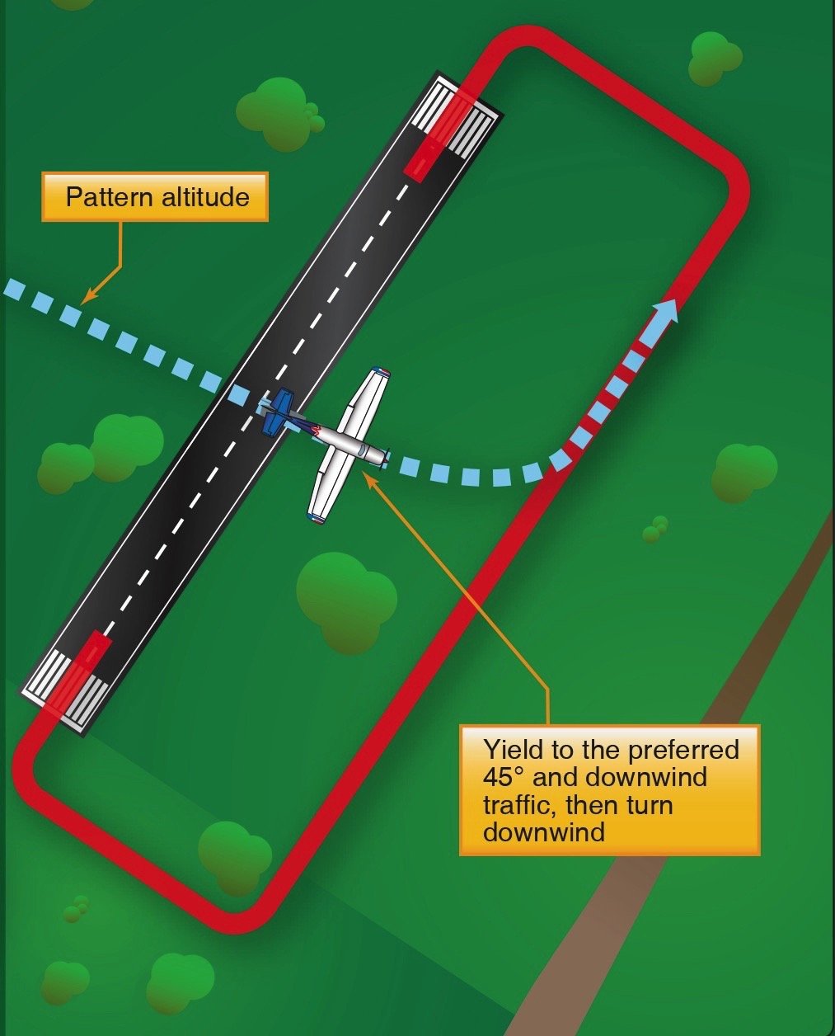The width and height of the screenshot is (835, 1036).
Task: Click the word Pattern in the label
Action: (104, 198)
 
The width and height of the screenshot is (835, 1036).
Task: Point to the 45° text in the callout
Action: (505, 777)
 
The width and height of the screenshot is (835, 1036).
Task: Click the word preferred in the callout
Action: (683, 751)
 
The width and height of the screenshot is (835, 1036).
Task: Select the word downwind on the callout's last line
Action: (544, 831)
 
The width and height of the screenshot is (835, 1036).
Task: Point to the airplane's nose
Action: (384, 455)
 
